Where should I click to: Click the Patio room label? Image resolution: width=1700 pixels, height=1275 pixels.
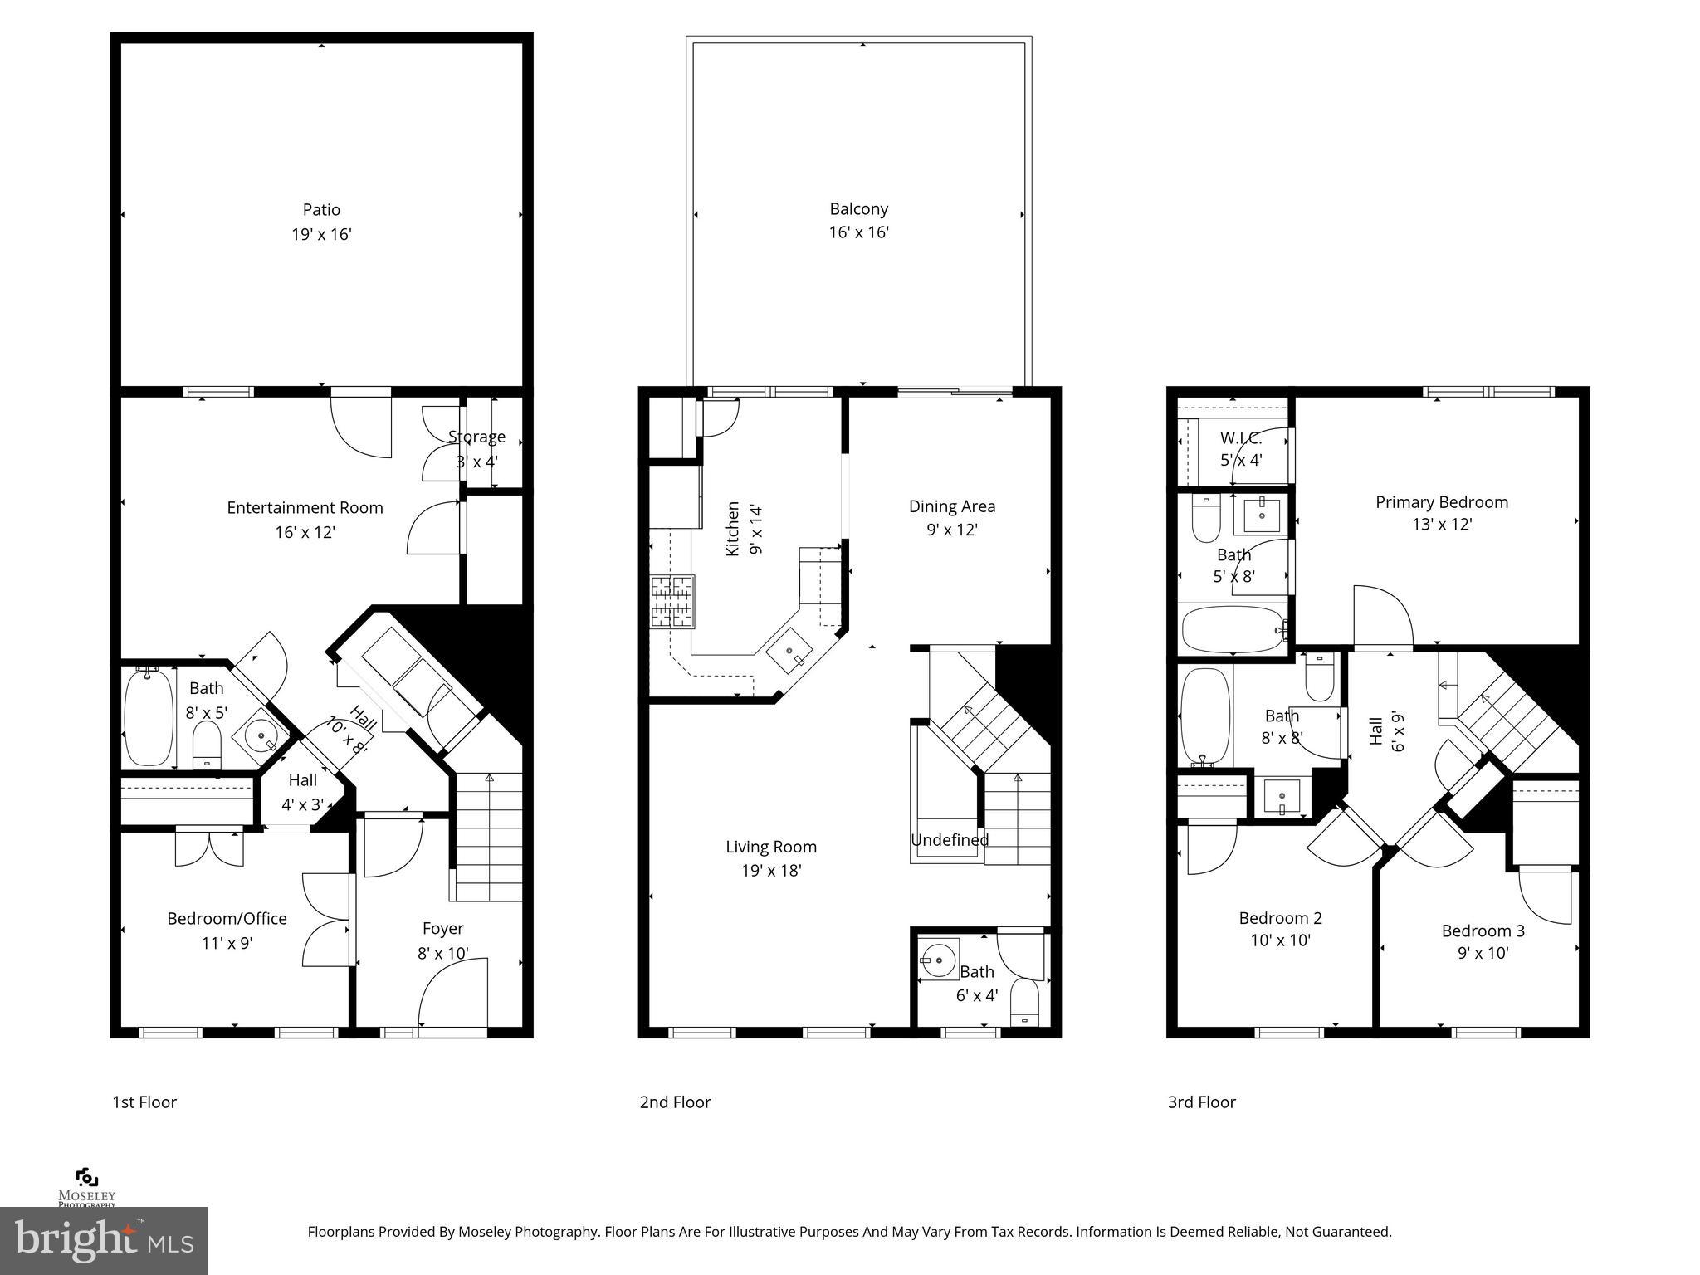[321, 210]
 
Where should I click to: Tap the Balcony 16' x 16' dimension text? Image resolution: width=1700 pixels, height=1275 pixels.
[858, 232]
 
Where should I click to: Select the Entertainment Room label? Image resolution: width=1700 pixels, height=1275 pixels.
[305, 507]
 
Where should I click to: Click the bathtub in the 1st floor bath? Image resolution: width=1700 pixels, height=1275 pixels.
[149, 716]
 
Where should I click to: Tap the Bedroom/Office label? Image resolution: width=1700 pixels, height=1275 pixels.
[227, 918]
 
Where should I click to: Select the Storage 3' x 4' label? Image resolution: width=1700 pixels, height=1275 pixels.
[476, 448]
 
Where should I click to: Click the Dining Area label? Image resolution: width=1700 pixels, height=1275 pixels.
[951, 506]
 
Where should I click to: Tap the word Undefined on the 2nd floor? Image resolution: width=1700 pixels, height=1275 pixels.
[949, 840]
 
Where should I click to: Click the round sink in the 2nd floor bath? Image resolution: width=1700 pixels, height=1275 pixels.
[939, 960]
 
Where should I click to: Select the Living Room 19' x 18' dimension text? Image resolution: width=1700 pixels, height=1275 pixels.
[771, 871]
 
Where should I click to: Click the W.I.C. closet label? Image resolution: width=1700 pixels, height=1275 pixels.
[1240, 438]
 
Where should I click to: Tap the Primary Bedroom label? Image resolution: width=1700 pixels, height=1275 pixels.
[1441, 502]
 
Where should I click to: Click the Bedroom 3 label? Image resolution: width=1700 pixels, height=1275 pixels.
[1483, 931]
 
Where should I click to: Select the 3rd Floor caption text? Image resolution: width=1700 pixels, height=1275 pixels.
[1201, 1102]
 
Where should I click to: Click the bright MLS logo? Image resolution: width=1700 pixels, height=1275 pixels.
[103, 1240]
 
